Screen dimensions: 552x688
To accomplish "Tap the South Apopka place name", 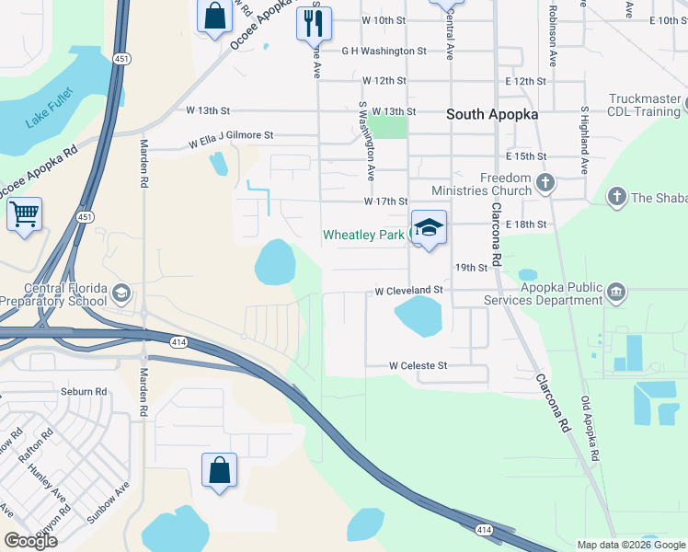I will (492, 115).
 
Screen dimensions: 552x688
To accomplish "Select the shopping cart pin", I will (24, 215).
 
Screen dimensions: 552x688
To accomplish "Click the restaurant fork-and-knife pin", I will (314, 21).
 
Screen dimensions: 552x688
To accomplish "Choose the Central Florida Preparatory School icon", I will (120, 293).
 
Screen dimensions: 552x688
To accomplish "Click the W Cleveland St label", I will (409, 291).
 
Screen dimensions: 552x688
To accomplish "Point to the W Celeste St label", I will (418, 366).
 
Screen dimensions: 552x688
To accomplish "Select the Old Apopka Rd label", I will (589, 429).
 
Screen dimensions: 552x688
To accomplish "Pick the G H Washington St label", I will (384, 52).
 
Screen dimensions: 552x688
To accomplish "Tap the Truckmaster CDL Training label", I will (644, 106).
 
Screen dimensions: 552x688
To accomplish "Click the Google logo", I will (30, 541).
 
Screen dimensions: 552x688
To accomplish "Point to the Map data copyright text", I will (631, 545).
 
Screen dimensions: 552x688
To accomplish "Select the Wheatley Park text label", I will (363, 236).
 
